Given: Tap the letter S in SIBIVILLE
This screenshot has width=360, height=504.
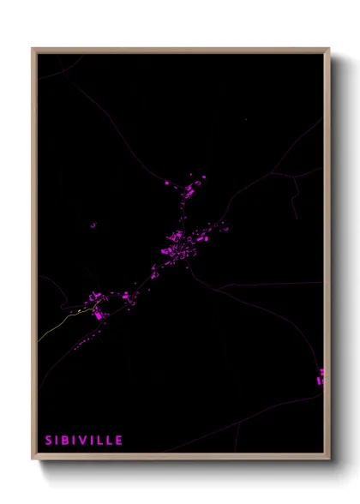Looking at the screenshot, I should [48, 441].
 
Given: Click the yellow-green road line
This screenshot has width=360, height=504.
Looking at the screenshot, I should [60, 322].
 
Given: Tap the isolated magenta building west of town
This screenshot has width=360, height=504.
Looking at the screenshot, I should [93, 225].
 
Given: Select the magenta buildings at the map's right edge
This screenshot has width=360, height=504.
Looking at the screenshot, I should [321, 376].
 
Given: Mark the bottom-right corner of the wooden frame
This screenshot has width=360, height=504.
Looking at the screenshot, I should [328, 459].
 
